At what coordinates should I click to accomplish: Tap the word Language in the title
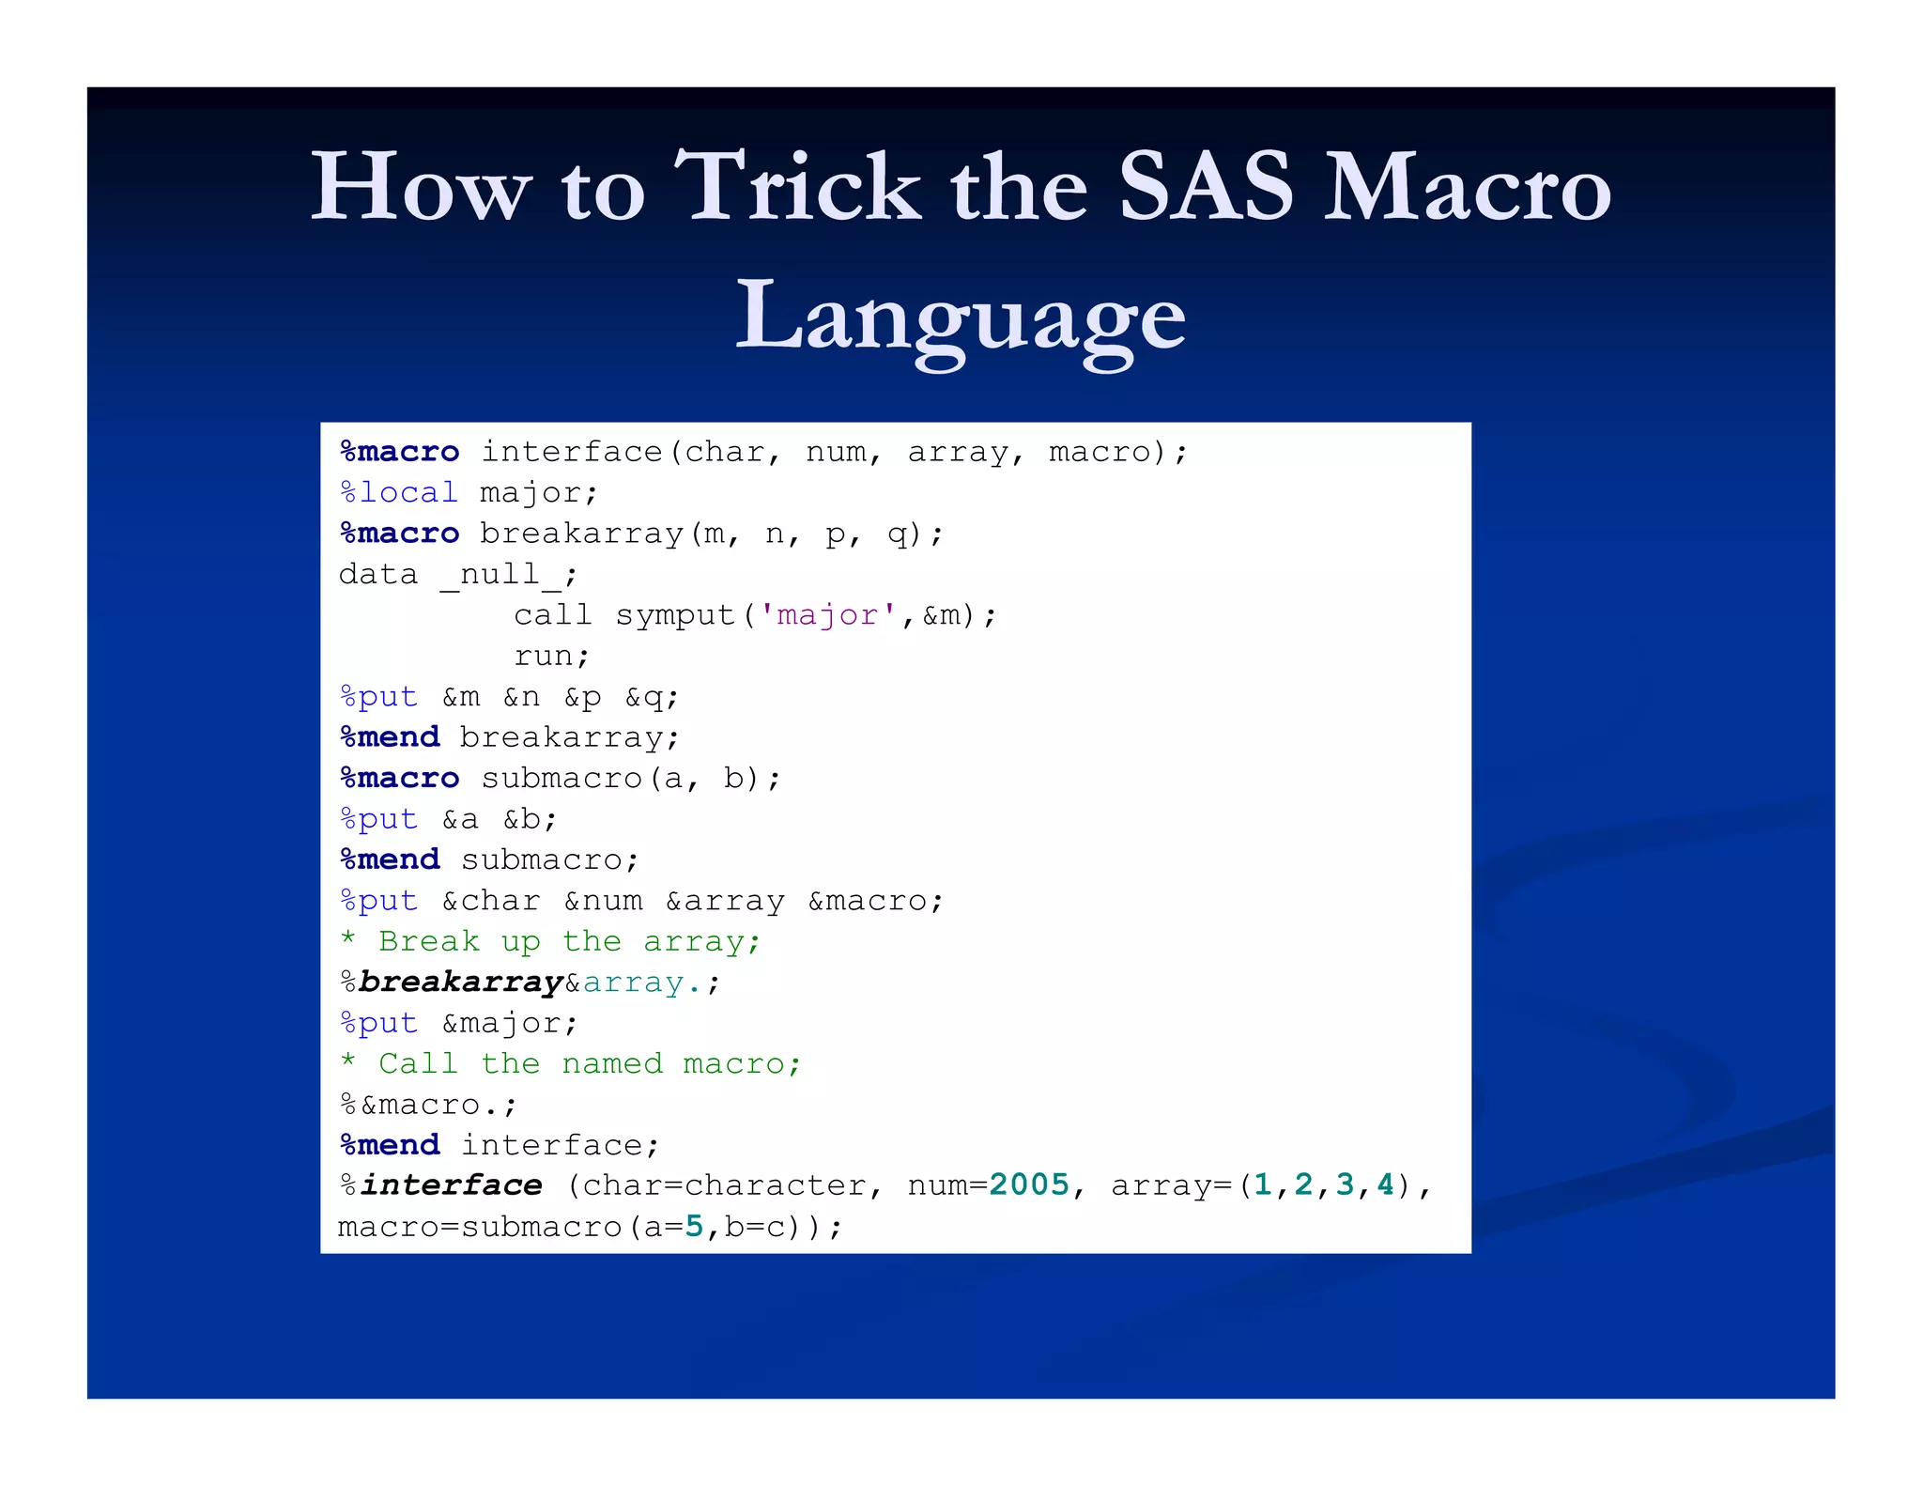(x=960, y=317)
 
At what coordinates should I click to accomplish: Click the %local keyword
(x=399, y=492)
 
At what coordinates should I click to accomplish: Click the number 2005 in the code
(x=1029, y=1184)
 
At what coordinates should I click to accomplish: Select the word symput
(x=675, y=614)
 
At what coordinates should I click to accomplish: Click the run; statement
(x=551, y=656)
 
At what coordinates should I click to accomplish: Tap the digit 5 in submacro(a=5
(x=694, y=1226)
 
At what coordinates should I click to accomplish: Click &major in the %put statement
(x=509, y=1023)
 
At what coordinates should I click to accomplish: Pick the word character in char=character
(x=776, y=1184)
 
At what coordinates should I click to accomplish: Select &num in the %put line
(x=603, y=901)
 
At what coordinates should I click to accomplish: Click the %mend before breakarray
(x=390, y=737)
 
